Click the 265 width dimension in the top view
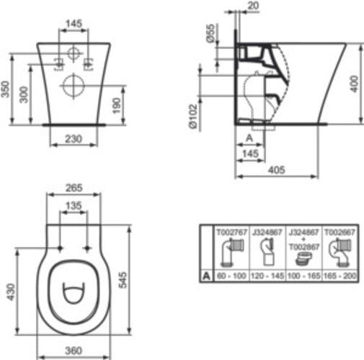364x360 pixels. (71, 188)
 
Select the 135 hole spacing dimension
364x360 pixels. (71, 206)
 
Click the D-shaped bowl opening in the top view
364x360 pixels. (71, 297)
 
